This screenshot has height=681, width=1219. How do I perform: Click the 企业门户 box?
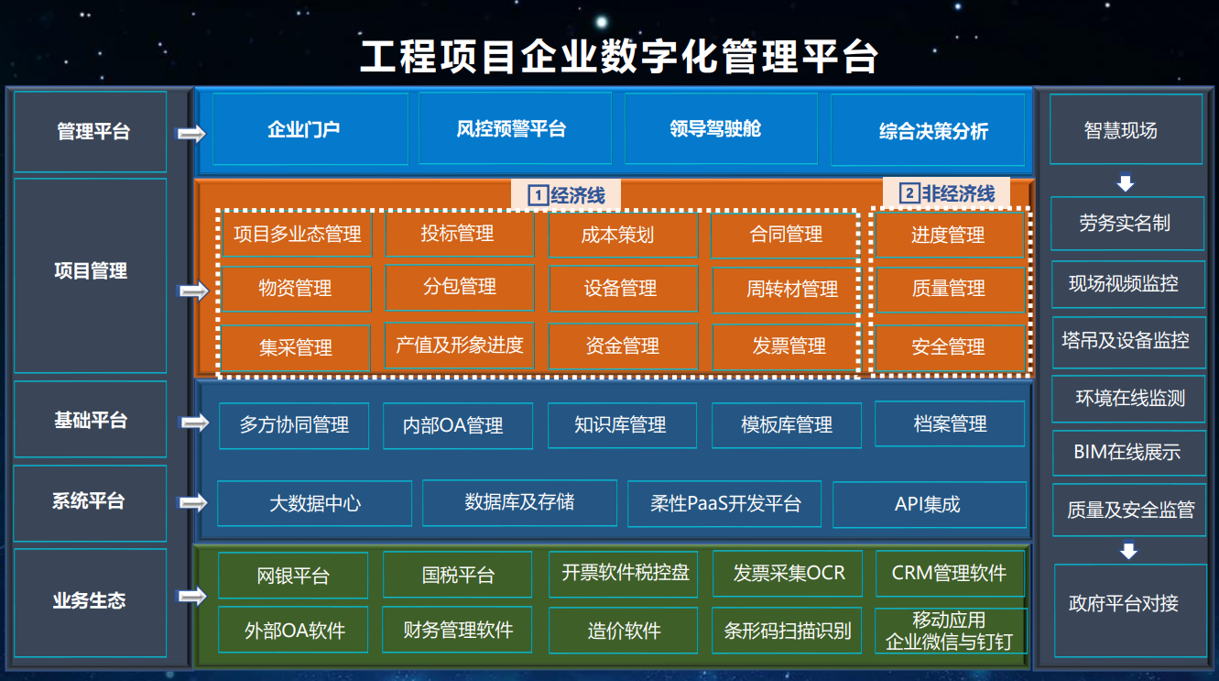click(310, 129)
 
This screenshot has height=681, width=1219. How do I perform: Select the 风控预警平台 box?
click(515, 129)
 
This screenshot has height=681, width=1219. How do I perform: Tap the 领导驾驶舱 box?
click(721, 129)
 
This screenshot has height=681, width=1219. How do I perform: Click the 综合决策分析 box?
click(928, 130)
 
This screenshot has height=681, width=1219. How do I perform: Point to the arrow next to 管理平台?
click(190, 134)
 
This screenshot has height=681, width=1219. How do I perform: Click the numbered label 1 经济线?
click(566, 194)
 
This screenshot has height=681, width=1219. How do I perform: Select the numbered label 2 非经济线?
click(946, 192)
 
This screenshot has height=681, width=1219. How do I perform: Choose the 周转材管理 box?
click(785, 290)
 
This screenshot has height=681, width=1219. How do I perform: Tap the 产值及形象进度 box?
click(460, 345)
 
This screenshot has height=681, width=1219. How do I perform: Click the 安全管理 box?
click(950, 347)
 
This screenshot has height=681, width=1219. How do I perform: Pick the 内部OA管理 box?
click(458, 425)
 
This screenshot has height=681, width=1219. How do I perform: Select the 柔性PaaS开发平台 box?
click(724, 504)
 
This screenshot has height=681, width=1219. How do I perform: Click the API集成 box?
click(930, 504)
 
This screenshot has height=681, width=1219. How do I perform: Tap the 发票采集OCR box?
click(788, 574)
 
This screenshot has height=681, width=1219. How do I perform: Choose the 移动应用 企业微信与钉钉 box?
click(951, 631)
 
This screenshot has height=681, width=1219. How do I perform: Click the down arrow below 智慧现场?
click(1126, 182)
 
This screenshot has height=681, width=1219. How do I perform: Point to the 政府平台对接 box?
click(1130, 610)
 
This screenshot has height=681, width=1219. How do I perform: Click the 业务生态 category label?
click(91, 602)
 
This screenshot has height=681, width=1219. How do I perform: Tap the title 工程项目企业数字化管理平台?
click(619, 57)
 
